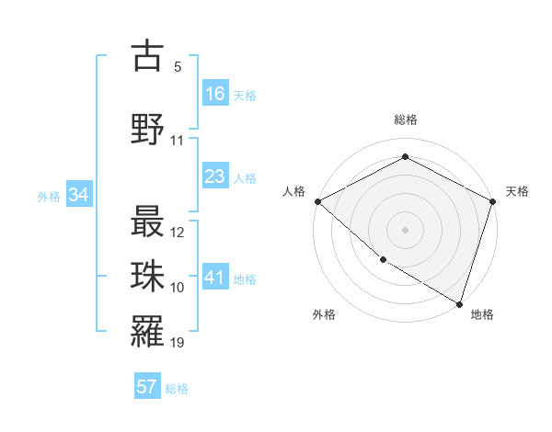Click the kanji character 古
coord(147,55)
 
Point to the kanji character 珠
coord(147,275)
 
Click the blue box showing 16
coord(215,94)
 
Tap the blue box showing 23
coord(215,176)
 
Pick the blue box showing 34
coord(79,195)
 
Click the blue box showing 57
coord(147,387)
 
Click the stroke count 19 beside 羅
coord(178,344)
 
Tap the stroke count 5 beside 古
coord(178,67)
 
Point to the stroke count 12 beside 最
coord(178,233)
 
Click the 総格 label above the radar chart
coord(406,119)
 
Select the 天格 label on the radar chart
coord(518,191)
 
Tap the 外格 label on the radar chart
coord(324,314)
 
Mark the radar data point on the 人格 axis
coord(317,201)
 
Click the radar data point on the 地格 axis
coord(459,302)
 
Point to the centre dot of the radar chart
coord(406,229)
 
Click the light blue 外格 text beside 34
coord(48,196)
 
